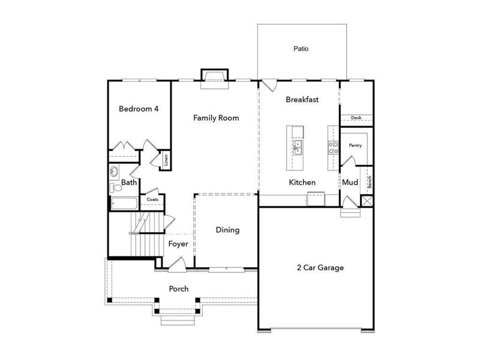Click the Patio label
click(x=301, y=49)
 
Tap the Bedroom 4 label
click(x=139, y=109)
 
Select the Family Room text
click(x=216, y=118)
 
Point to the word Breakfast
click(x=302, y=100)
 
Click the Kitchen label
click(x=302, y=182)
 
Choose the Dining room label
click(x=227, y=230)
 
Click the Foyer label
click(x=178, y=244)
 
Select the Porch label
click(x=178, y=289)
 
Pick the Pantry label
click(x=355, y=145)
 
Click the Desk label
click(x=356, y=118)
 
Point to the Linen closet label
click(x=166, y=160)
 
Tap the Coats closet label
click(x=152, y=199)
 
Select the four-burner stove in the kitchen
click(x=331, y=147)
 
